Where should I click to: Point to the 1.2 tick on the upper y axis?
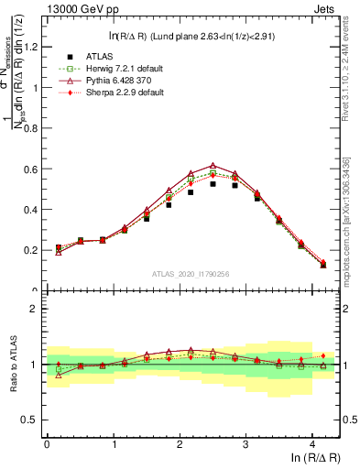pos(32,48)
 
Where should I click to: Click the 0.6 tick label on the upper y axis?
pos(32,169)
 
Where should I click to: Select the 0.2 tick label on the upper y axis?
pos(32,250)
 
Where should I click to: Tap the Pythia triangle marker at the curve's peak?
pos(213,166)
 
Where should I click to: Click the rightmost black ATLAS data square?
pos(323,266)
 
